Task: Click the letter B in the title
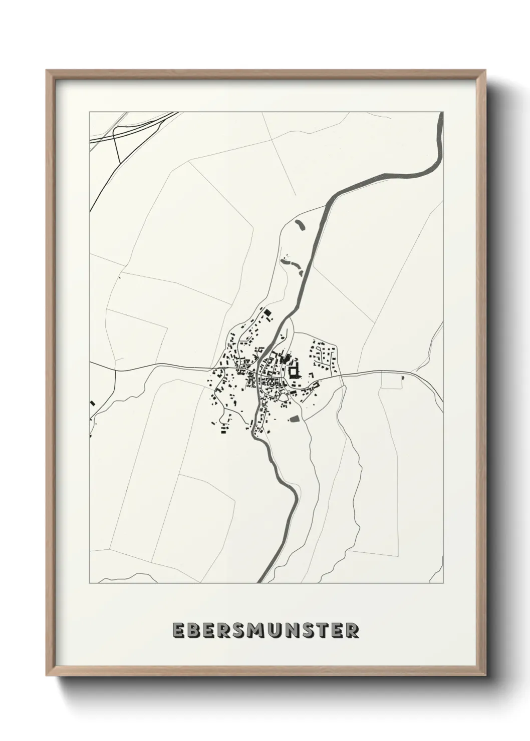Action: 192,630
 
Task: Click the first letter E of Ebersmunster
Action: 178,630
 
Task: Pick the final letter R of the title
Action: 353,630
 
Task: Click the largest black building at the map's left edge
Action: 92,403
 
